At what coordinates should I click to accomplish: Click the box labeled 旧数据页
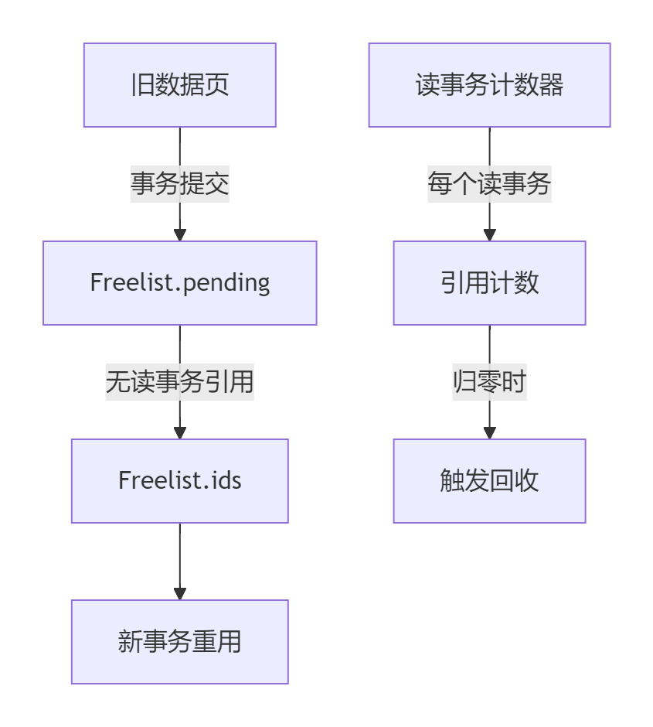tap(179, 85)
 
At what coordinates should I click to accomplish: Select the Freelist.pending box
tap(179, 283)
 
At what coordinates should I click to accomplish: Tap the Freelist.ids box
tap(179, 481)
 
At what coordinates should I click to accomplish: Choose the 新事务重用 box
tap(179, 642)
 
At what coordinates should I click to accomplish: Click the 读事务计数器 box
tap(489, 85)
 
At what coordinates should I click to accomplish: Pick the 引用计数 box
tap(489, 283)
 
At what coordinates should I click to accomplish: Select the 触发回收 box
tap(489, 481)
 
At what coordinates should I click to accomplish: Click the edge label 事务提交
tap(179, 184)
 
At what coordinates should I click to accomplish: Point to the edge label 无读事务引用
tap(179, 382)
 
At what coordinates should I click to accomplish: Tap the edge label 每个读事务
tap(489, 184)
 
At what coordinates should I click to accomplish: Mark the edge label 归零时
tap(489, 382)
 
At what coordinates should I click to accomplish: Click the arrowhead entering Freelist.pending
tap(180, 235)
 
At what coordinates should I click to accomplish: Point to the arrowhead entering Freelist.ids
tap(180, 433)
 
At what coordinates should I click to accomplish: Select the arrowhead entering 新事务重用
tap(180, 594)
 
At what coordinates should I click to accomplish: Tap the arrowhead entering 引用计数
tap(489, 235)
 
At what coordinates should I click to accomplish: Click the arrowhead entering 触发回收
tap(489, 433)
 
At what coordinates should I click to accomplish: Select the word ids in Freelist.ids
tap(224, 481)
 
